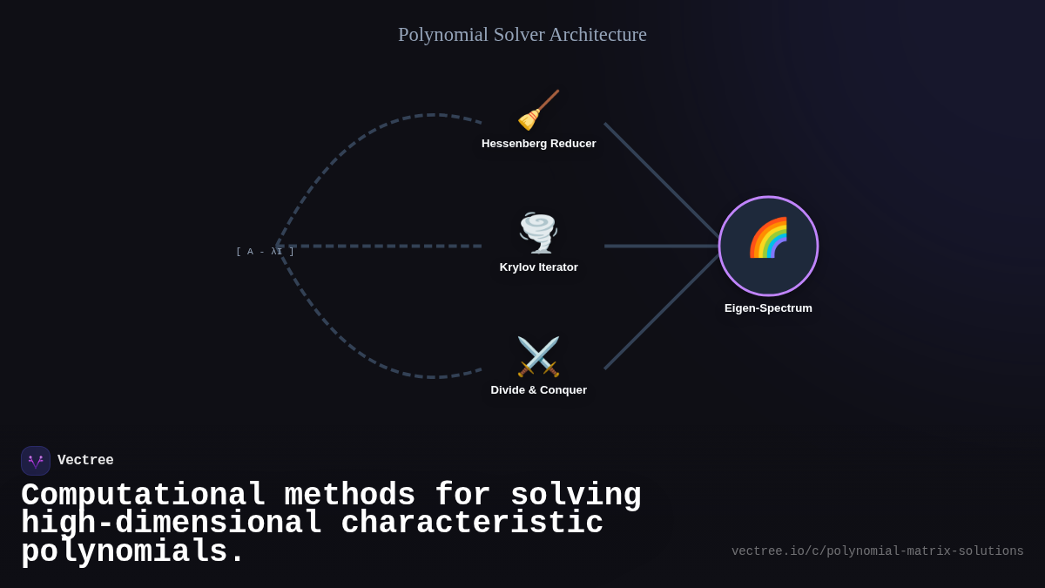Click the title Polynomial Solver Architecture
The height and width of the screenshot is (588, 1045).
point(522,35)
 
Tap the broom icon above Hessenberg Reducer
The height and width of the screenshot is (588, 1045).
point(538,111)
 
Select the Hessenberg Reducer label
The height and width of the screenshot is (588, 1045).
point(538,144)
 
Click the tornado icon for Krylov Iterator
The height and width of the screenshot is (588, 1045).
point(538,233)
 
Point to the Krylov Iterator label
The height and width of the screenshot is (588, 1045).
point(538,267)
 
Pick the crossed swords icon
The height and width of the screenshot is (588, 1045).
point(538,356)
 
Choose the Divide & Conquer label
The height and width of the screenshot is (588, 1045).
point(538,390)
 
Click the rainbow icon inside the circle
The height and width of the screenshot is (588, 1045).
point(768,238)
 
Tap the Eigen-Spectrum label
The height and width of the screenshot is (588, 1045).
point(768,308)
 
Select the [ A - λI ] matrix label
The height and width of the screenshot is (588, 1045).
point(265,252)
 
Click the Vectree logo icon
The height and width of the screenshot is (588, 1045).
point(36,461)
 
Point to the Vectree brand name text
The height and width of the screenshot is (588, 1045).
point(85,461)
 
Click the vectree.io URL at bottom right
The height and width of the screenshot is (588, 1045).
point(877,551)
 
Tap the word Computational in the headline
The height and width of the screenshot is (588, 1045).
point(143,496)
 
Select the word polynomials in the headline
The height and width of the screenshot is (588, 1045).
point(133,552)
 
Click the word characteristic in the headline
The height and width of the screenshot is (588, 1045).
point(471,524)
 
